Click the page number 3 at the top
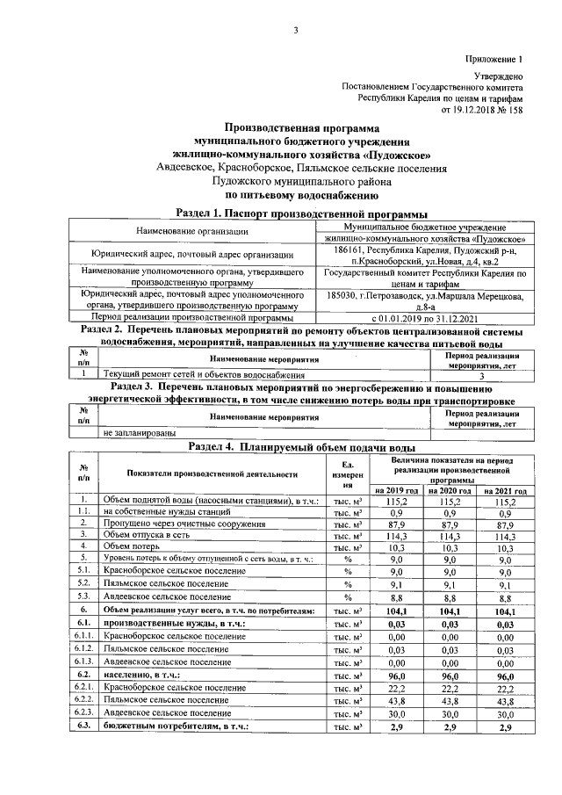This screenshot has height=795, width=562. point(296,32)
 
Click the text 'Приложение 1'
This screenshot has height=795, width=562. point(494,60)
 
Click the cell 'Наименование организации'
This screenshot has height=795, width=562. point(192,232)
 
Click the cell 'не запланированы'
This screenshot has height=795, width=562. point(139,432)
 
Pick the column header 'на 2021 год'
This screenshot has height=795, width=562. point(505,490)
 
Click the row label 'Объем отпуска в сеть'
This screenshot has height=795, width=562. point(146,533)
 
